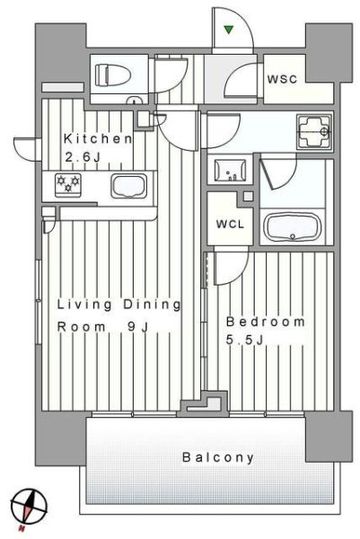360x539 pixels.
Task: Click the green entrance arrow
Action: [229, 30]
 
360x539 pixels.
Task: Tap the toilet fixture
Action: [113, 75]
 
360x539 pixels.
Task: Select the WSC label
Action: [282, 79]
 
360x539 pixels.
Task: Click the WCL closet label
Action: [230, 225]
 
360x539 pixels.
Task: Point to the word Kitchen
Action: [98, 139]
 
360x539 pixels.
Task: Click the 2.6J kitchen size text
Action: [83, 157]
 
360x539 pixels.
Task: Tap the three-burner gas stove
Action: [68, 185]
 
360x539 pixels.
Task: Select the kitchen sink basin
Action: [128, 186]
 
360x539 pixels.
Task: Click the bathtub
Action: [293, 227]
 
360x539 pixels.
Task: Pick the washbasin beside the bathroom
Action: [230, 170]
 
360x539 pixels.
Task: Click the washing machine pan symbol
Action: [314, 131]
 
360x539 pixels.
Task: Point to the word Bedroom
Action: [266, 323]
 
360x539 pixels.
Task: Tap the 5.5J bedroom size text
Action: [244, 340]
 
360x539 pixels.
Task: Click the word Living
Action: [84, 305]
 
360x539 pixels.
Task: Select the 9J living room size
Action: [137, 327]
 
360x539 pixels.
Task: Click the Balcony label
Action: [218, 457]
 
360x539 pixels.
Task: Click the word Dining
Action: [152, 305]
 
